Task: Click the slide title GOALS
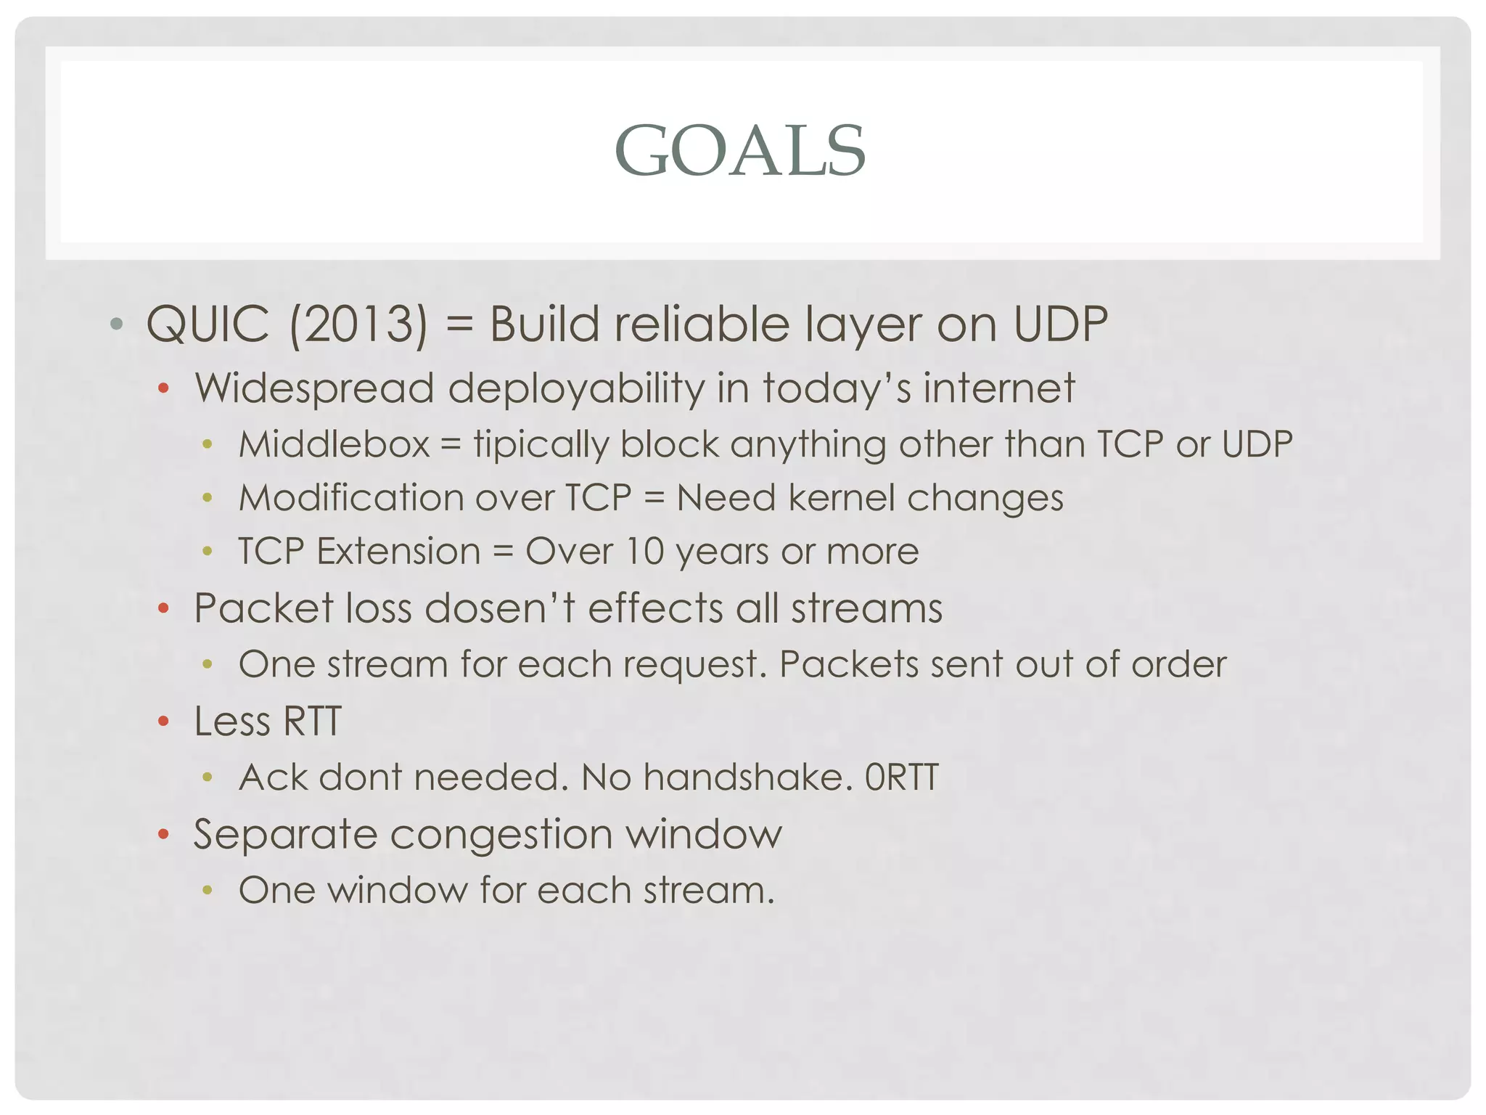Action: tap(740, 151)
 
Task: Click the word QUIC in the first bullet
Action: tap(208, 324)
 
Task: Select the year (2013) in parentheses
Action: tap(358, 324)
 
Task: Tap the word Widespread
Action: tap(314, 388)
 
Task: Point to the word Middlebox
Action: tap(334, 444)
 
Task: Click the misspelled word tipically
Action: tap(541, 444)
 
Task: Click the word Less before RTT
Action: tap(231, 722)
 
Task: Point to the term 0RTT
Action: tap(901, 777)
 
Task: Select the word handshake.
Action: tap(747, 777)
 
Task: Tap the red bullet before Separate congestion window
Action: tap(163, 835)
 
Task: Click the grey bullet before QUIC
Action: tap(116, 324)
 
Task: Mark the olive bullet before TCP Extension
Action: tap(208, 552)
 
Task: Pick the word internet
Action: tap(998, 388)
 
